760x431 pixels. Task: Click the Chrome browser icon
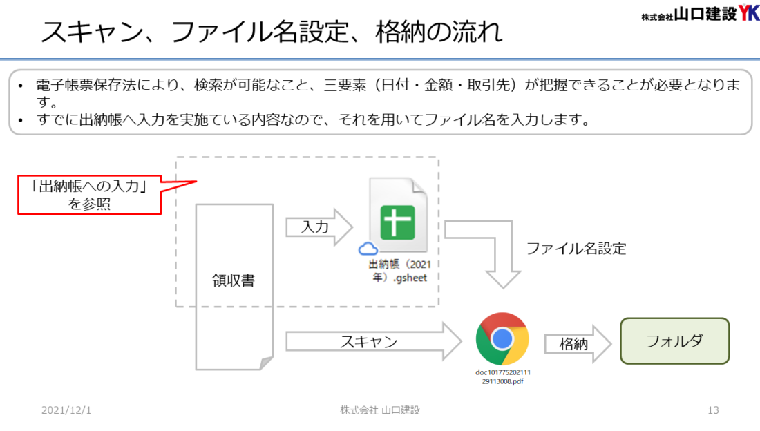(502, 339)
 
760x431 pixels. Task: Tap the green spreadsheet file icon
(398, 215)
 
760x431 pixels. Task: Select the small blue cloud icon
(368, 249)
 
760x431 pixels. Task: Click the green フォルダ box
(675, 341)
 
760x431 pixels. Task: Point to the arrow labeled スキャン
(373, 341)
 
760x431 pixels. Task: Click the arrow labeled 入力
(319, 227)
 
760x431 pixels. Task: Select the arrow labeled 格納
(578, 344)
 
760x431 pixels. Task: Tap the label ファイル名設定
(576, 249)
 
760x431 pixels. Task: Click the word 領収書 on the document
(234, 280)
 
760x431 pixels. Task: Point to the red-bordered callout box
(90, 195)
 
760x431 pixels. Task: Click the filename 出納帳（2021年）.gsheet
(399, 271)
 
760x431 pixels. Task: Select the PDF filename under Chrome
(502, 376)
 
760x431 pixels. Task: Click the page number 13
(713, 410)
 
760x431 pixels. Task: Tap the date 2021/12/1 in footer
(66, 410)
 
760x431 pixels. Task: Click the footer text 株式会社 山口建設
(380, 410)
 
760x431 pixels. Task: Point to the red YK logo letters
(749, 12)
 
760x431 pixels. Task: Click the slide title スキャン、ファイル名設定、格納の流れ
(272, 32)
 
